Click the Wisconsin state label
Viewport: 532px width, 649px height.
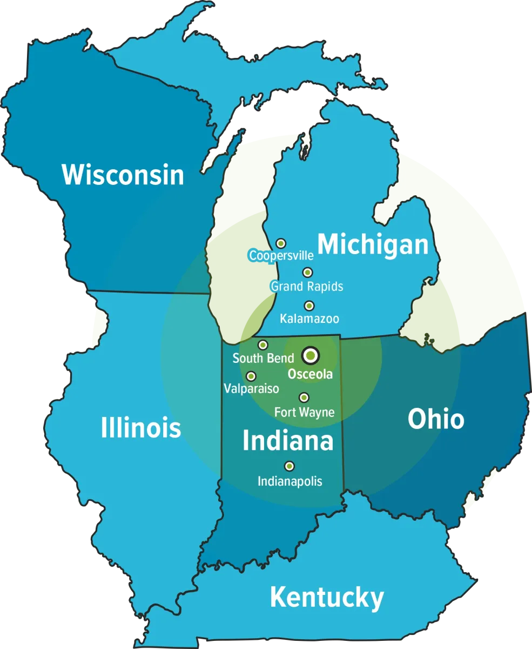click(x=123, y=175)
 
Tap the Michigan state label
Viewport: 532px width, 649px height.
click(x=373, y=244)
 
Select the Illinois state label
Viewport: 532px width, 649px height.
click(x=141, y=428)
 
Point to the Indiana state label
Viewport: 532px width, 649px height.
click(x=288, y=441)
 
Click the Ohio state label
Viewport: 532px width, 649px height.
click(x=436, y=419)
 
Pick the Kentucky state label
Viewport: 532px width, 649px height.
click(x=327, y=598)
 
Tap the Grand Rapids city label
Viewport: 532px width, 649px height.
click(x=307, y=286)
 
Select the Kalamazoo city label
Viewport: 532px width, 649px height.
click(x=309, y=319)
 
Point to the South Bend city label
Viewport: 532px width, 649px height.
click(x=263, y=358)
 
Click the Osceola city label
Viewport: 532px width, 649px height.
click(x=310, y=374)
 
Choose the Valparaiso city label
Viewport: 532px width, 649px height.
click(x=251, y=388)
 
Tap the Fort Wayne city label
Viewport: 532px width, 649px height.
click(x=304, y=412)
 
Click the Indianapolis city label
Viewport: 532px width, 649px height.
click(x=289, y=481)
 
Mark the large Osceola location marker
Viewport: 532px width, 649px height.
click(x=311, y=355)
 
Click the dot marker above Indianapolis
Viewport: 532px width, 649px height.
click(x=289, y=466)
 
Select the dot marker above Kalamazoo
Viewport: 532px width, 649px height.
click(x=309, y=306)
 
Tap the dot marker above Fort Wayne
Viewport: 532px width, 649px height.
click(x=304, y=398)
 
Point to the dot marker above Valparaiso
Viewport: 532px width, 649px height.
click(x=251, y=376)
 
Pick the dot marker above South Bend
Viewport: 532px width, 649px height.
click(x=263, y=345)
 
